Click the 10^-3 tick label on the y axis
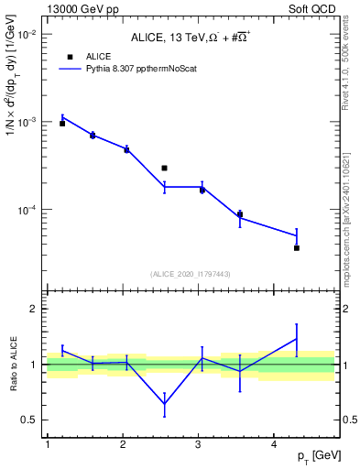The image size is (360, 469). click(x=28, y=122)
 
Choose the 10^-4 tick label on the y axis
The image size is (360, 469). click(x=28, y=210)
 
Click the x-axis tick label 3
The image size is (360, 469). click(x=199, y=444)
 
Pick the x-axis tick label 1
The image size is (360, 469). click(x=47, y=444)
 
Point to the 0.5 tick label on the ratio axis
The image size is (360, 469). click(x=30, y=420)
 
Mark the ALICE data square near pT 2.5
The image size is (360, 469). click(x=164, y=168)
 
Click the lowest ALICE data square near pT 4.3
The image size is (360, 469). click(x=297, y=247)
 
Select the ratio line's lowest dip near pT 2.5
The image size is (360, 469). click(x=164, y=404)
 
